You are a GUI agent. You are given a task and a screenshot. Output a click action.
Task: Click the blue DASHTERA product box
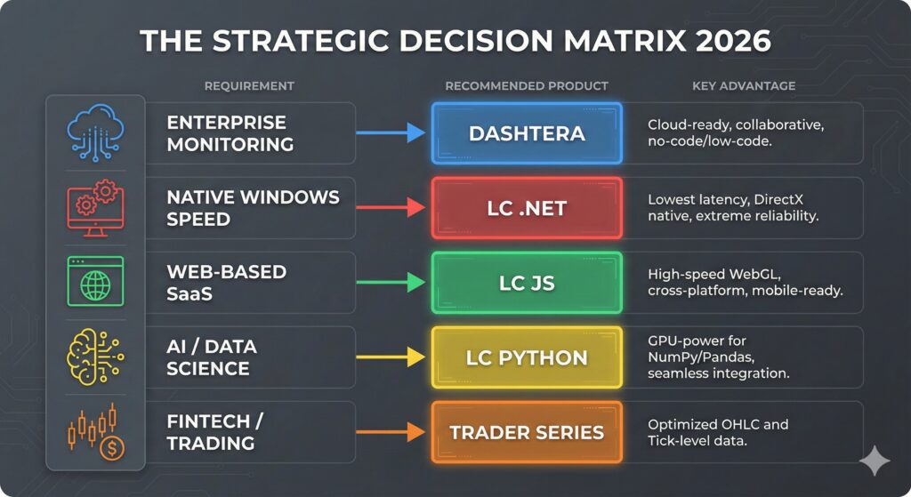[527, 133]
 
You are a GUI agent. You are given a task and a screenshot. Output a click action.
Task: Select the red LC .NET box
[527, 208]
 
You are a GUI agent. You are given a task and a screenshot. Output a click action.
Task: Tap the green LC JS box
[527, 283]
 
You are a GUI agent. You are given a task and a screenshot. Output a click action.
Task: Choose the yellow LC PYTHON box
[527, 357]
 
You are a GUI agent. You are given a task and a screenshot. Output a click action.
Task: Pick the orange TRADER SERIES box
[527, 433]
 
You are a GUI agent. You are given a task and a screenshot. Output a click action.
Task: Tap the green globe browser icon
[94, 283]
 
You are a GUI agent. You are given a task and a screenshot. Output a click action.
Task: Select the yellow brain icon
[94, 357]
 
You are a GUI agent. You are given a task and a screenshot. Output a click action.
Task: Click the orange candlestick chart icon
[94, 430]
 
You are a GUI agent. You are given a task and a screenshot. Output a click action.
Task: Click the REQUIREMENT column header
[249, 86]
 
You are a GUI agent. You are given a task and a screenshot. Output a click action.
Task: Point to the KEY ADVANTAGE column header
[744, 86]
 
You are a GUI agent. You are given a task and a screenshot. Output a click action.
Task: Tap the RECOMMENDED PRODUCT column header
[527, 86]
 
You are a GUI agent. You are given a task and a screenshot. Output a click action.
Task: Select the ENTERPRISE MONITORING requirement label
[230, 132]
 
